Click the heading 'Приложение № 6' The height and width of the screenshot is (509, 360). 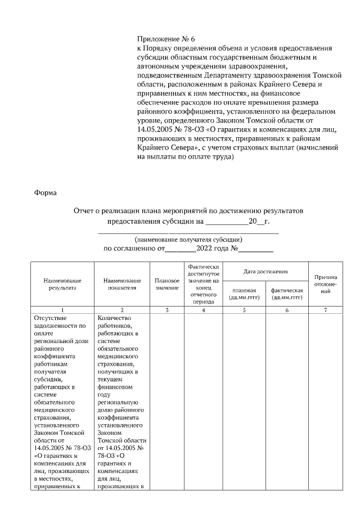[165, 39]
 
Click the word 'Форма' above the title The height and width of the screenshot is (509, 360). [46, 193]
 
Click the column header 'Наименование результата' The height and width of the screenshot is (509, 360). [62, 284]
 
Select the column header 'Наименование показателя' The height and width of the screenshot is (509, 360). [122, 284]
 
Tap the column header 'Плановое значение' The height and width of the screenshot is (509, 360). [166, 284]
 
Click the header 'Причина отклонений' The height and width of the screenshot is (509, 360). [326, 284]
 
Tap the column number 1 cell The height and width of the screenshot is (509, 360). [62, 310]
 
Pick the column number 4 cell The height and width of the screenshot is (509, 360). [203, 310]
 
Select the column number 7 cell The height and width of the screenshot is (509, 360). [326, 310]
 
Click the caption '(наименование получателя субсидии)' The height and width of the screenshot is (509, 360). [188, 239]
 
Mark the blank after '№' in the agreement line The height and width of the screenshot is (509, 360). [257, 248]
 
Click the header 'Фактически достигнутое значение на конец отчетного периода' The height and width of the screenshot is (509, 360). [203, 284]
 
